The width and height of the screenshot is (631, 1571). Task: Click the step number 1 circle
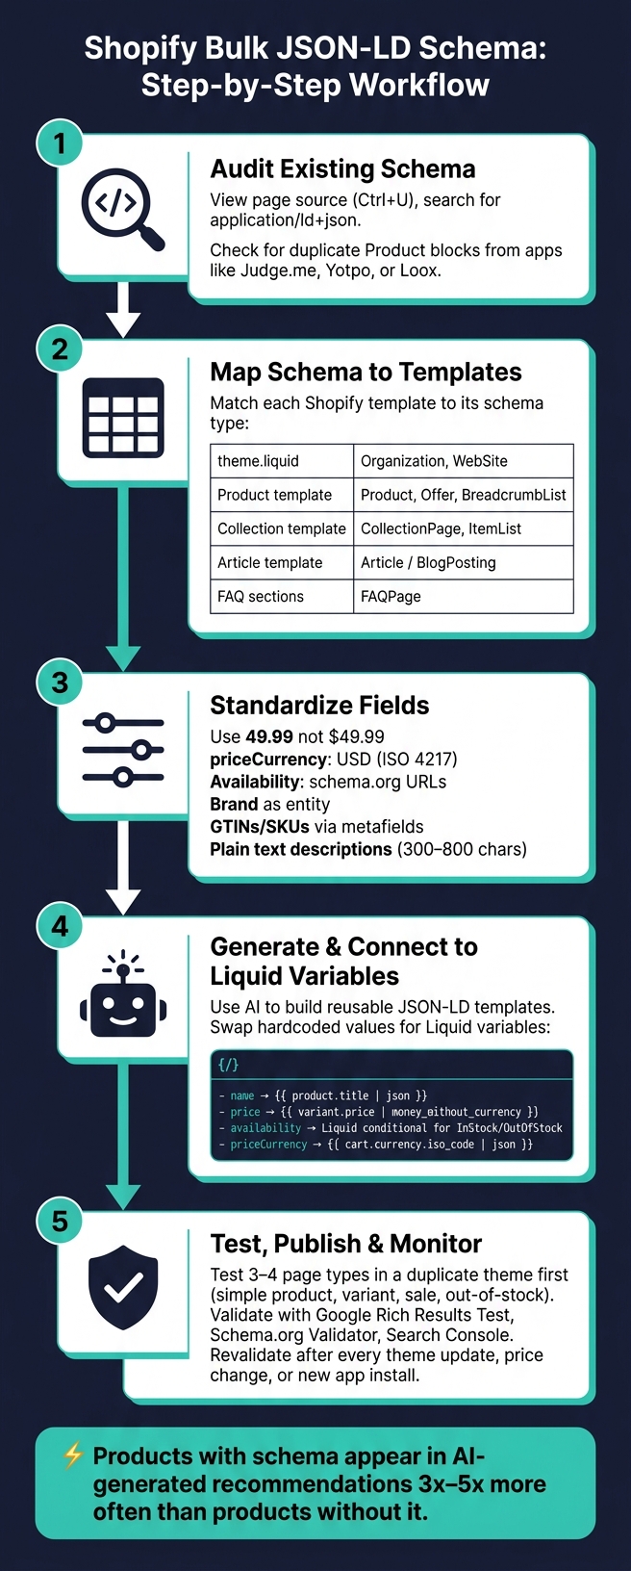coord(60,143)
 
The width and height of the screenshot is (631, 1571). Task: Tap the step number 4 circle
coord(60,926)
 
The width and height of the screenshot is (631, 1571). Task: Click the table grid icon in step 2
coord(123,418)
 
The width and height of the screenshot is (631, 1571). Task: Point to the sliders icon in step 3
coord(123,750)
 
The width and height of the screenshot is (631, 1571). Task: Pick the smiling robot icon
coord(123,993)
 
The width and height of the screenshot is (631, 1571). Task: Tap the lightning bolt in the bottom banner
coord(73,1456)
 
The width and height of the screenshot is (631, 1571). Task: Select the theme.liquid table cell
coord(282,461)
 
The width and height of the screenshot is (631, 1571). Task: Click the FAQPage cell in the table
coord(464,596)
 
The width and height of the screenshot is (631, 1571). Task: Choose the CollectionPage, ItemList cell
coord(464,528)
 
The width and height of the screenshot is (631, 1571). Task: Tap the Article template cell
coord(282,562)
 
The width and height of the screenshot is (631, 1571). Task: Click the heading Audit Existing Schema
coord(342,169)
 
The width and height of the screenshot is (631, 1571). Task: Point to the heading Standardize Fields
coord(319,706)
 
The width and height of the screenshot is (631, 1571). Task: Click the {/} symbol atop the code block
coord(229,1065)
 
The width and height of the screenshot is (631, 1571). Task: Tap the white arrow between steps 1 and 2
coord(123,310)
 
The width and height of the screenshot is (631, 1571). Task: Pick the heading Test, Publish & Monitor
coord(346,1244)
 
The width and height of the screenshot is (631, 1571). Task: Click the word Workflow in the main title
coord(420,86)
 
